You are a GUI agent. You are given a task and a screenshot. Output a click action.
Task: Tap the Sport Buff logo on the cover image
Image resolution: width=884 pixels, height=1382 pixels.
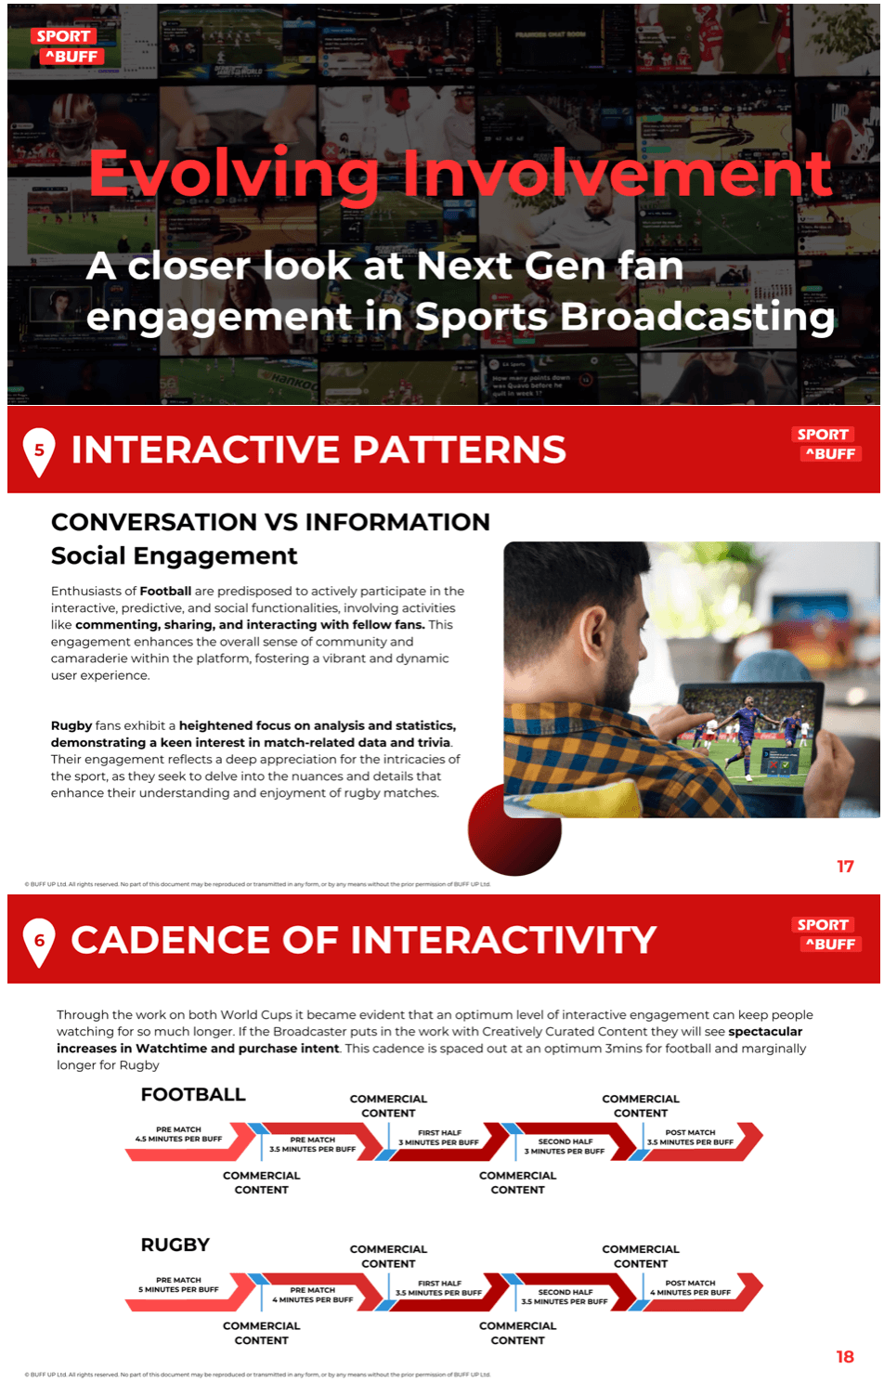point(68,46)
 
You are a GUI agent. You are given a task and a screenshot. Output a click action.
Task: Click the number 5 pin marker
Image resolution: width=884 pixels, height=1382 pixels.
point(39,450)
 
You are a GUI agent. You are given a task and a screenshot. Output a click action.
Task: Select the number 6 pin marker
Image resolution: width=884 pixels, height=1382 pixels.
point(39,941)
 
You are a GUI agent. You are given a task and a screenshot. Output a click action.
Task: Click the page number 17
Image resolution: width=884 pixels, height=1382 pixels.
point(845,867)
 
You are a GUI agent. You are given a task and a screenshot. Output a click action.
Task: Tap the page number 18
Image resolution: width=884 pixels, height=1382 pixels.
point(845,1357)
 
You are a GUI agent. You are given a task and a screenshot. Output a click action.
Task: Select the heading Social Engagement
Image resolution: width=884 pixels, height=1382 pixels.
point(175,556)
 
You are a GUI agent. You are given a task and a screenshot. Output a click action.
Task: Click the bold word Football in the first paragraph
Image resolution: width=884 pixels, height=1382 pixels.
point(165,591)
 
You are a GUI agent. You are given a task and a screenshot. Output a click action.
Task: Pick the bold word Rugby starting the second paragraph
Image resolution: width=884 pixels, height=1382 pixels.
point(71,725)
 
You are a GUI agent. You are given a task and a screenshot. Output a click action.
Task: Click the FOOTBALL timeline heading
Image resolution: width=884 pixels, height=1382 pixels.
point(193,1095)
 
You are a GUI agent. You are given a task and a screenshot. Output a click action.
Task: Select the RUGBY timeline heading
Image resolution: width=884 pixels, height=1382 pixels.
point(175,1245)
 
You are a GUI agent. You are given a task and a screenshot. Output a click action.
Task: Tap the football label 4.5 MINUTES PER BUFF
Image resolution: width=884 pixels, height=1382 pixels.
point(179,1139)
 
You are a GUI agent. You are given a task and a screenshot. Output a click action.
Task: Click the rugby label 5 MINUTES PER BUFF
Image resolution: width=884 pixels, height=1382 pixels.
point(179,1289)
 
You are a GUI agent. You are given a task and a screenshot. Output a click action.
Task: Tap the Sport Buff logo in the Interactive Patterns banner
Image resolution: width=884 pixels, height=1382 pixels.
point(826,444)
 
